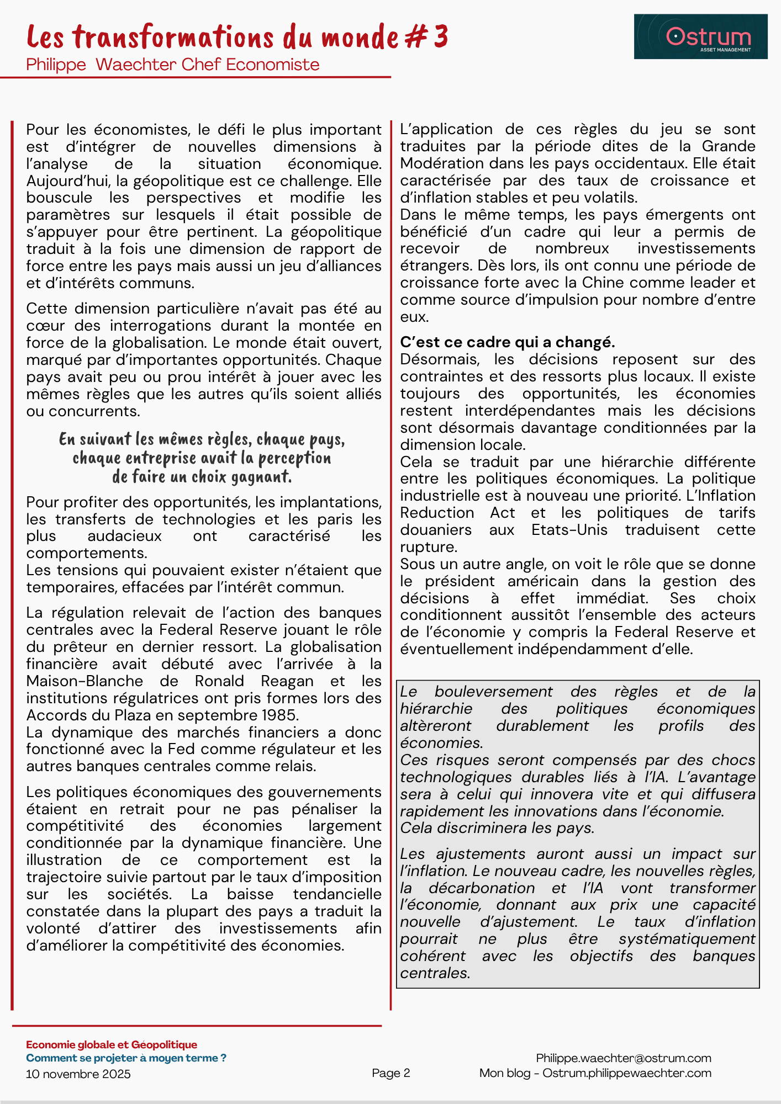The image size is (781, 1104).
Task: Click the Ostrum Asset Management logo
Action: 700,36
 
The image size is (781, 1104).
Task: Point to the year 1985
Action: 281,715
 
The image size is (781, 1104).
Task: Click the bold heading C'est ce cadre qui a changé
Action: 508,342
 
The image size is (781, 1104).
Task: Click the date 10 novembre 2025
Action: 78,1074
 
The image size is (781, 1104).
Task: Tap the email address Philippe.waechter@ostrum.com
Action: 624,1058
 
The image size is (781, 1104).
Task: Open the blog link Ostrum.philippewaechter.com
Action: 627,1073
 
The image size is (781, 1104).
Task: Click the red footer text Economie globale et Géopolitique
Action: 112,1044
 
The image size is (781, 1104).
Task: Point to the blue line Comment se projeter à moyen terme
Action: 126,1058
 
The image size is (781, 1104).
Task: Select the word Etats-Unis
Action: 569,530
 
